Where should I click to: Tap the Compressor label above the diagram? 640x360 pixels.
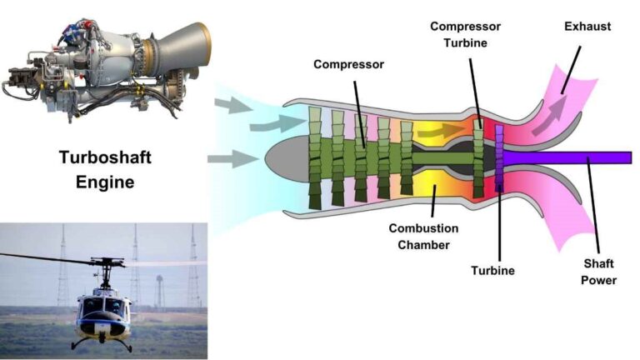[x=348, y=63]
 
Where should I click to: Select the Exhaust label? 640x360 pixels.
[x=587, y=27]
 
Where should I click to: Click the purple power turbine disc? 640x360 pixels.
[x=499, y=158]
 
